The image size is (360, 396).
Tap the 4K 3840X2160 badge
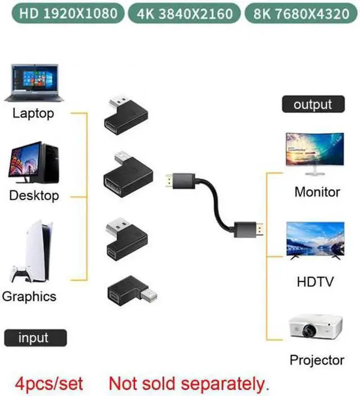(x=181, y=13)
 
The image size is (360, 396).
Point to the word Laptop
(x=33, y=114)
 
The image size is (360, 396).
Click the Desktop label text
(x=34, y=196)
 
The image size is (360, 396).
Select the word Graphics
(x=29, y=296)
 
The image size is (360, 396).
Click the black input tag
(x=35, y=338)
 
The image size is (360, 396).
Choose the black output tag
(x=313, y=104)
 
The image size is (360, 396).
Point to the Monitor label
(x=317, y=192)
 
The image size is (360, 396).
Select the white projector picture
(x=315, y=329)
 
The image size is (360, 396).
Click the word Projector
(x=317, y=360)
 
